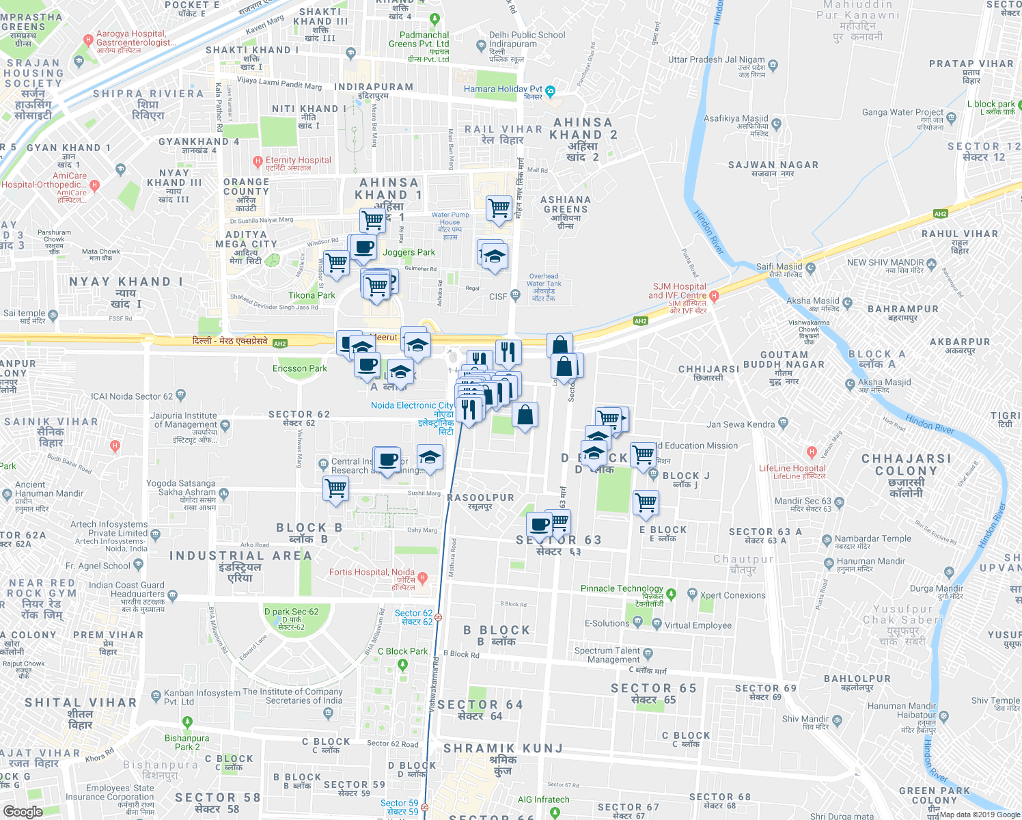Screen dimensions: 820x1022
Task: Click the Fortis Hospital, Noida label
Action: pyautogui.click(x=372, y=572)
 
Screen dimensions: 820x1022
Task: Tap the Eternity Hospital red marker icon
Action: pyautogui.click(x=258, y=162)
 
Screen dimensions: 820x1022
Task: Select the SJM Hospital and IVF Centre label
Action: pyautogui.click(x=678, y=291)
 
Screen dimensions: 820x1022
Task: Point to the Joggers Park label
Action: pyautogui.click(x=409, y=252)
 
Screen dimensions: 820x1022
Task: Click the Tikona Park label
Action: pyautogui.click(x=312, y=295)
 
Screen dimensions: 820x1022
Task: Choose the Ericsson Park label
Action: pyautogui.click(x=300, y=368)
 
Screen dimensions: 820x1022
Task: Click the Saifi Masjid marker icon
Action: pyautogui.click(x=811, y=267)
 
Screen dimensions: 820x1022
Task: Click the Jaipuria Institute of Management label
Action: pyautogui.click(x=184, y=420)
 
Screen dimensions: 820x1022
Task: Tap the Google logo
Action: pyautogui.click(x=23, y=812)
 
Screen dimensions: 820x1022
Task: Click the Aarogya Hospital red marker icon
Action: pyautogui.click(x=88, y=40)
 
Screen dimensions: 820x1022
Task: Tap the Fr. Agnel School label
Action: pyautogui.click(x=98, y=566)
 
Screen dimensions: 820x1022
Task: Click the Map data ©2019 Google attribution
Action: pyautogui.click(x=979, y=814)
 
